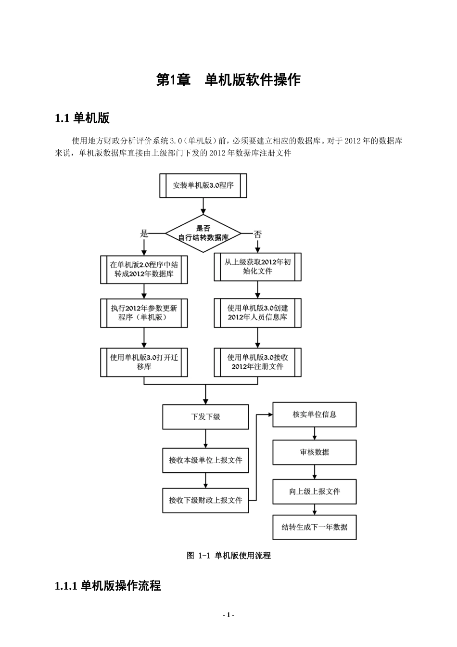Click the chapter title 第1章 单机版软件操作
[x=228, y=80]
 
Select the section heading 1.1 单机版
[x=82, y=118]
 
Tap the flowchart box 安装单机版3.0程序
[x=203, y=185]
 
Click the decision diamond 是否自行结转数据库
[x=203, y=233]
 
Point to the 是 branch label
[x=144, y=234]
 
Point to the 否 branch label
[x=258, y=234]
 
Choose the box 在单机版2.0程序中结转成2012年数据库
[x=144, y=269]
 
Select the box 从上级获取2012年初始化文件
[x=258, y=267]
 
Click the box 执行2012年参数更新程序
[x=144, y=313]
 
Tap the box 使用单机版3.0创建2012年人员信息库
[x=258, y=313]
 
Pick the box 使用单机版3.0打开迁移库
[x=144, y=362]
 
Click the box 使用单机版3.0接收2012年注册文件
[x=258, y=362]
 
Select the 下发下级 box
[x=205, y=417]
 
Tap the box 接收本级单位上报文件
[x=205, y=460]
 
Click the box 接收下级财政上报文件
[x=205, y=500]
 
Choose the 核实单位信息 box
[x=315, y=414]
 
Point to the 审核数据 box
[x=315, y=452]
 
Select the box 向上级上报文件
[x=315, y=492]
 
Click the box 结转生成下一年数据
[x=315, y=527]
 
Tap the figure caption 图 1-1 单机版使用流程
[x=228, y=556]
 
